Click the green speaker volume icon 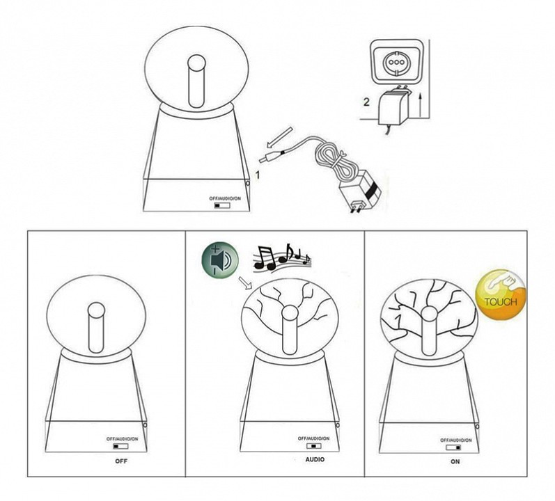pos(220,260)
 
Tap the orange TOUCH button pos(501,295)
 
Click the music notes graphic pos(282,257)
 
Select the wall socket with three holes pos(396,62)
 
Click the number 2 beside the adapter pos(366,102)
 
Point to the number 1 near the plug pos(258,175)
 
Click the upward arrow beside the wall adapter pos(420,104)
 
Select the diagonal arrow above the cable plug pos(280,137)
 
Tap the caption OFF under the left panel pos(121,461)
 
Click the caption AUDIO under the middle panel pos(315,460)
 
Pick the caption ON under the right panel pos(455,461)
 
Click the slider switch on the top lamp pos(222,205)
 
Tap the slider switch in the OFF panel pos(120,446)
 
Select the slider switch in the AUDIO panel pos(314,446)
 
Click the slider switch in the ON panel pos(454,447)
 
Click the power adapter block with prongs pos(361,191)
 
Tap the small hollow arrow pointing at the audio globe pos(244,282)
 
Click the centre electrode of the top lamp pos(197,81)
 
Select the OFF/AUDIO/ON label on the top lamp pos(225,199)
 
